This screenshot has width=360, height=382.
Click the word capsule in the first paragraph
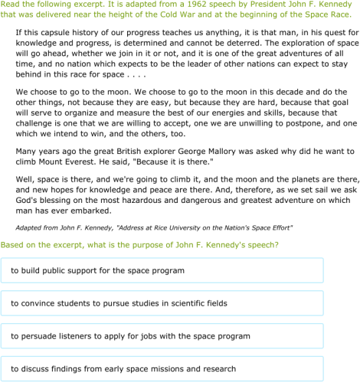tap(59, 34)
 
